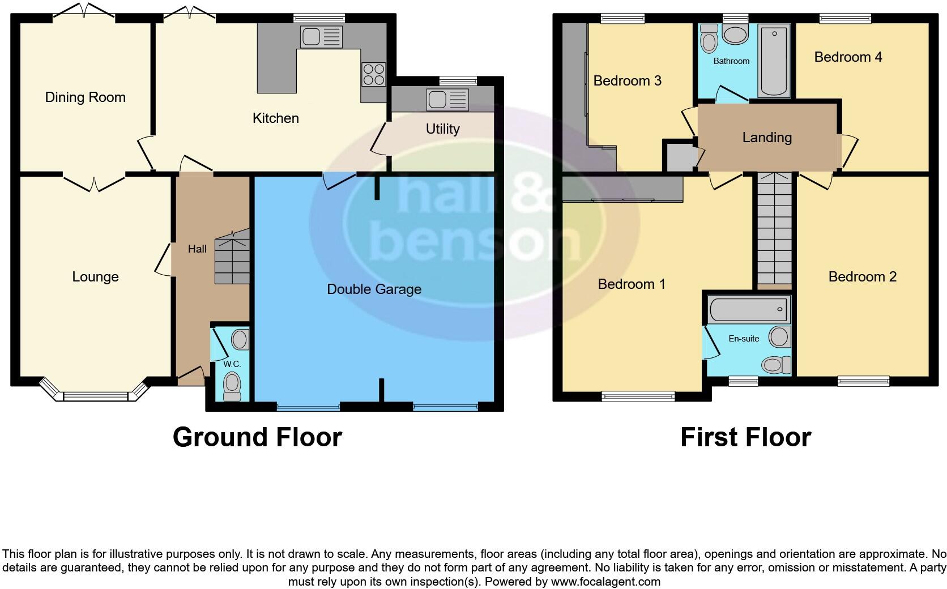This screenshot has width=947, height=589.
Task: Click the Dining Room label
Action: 85,97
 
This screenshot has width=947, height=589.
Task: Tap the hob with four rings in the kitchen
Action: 373,74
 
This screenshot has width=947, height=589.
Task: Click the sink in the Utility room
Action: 448,100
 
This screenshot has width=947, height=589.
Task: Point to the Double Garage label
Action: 374,289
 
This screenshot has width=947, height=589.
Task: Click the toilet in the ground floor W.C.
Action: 232,385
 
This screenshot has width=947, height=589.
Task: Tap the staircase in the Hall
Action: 232,258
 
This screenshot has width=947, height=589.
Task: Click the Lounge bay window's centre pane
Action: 95,396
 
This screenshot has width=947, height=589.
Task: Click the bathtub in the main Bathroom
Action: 774,61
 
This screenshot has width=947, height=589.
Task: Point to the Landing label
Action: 767,138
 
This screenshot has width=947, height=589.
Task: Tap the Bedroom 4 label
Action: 848,57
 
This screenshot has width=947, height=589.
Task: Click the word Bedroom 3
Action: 627,81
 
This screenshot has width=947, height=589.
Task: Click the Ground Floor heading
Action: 257,437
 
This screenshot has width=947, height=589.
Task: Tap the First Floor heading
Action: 745,437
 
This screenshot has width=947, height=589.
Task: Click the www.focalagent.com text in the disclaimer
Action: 606,582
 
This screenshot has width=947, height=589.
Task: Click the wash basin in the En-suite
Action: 780,337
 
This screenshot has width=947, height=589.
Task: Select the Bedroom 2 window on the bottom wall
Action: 863,382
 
